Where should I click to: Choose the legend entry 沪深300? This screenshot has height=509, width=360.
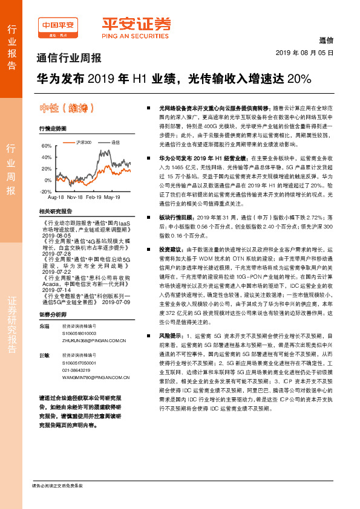coord(85,142)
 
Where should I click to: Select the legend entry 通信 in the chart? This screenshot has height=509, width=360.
coord(116,142)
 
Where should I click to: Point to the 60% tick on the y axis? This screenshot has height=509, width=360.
coord(46,146)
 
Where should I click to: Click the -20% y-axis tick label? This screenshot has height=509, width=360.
coord(45,191)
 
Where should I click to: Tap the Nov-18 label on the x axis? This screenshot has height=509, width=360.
coord(75,198)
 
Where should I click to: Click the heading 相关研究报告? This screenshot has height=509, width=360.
coord(55,211)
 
